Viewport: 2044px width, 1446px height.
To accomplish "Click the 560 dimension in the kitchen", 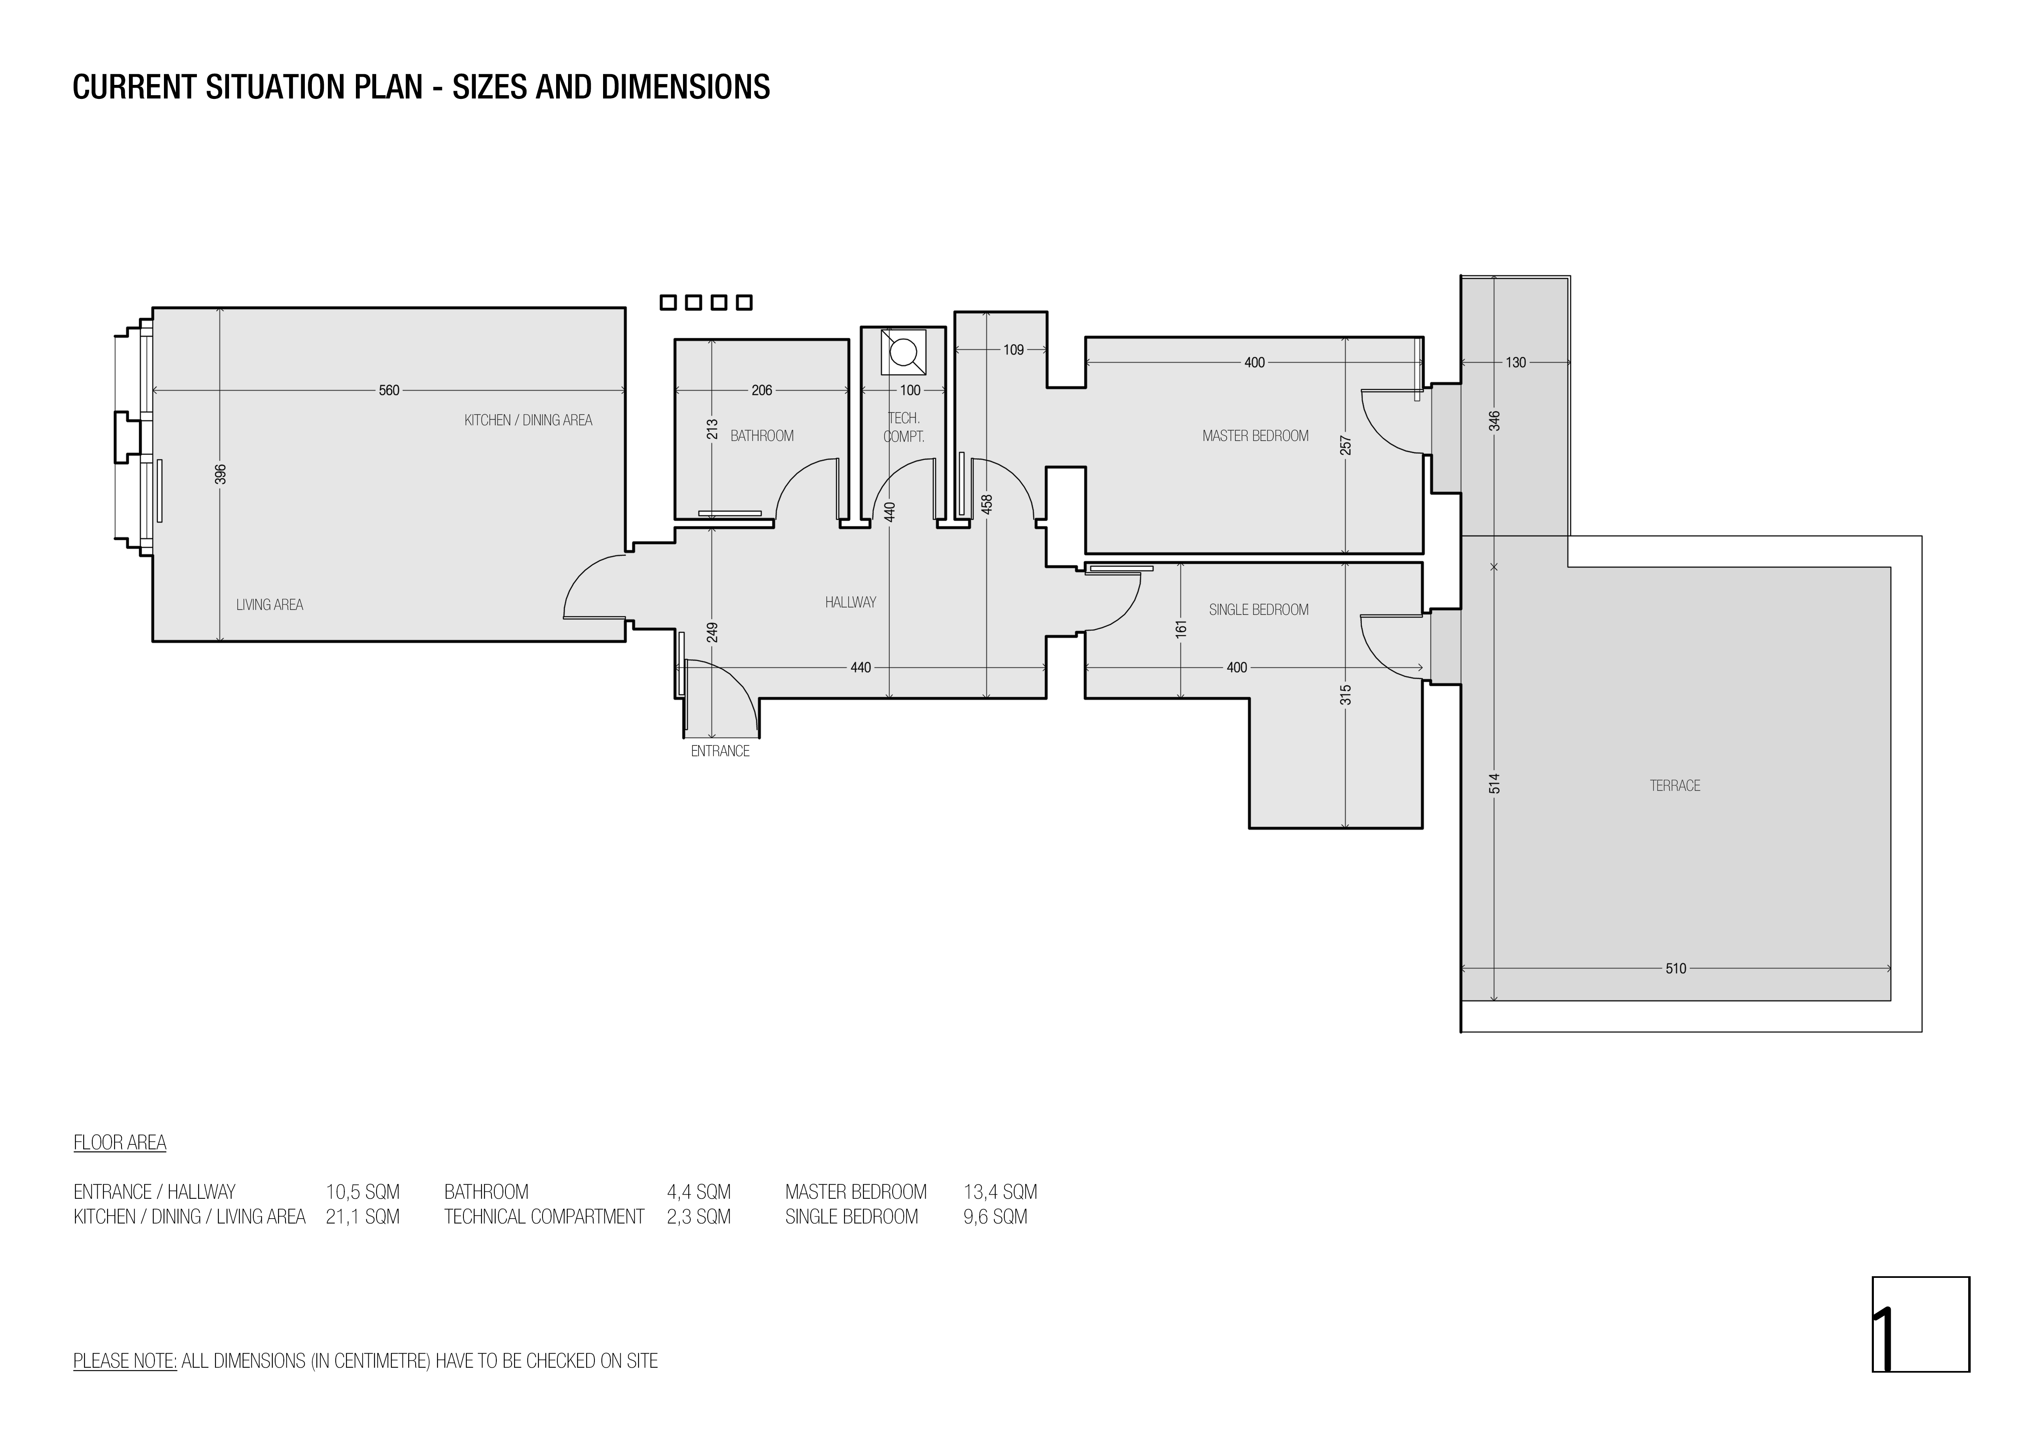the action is point(389,390).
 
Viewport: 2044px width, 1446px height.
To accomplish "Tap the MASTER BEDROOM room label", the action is point(1255,436).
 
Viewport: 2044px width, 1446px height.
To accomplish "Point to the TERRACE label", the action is point(1674,785).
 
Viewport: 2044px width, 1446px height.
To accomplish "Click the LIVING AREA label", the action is point(270,605).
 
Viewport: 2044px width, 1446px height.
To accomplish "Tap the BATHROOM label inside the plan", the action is point(762,436).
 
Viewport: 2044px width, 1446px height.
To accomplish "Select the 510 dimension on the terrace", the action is point(1675,969).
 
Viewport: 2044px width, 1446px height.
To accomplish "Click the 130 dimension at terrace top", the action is point(1515,362).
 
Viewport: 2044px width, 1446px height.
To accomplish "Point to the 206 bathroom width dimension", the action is point(762,390).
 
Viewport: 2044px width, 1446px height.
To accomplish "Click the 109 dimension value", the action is point(1013,350).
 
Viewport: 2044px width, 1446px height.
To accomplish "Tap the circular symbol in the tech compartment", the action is point(904,352).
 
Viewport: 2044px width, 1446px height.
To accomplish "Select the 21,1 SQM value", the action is point(362,1216).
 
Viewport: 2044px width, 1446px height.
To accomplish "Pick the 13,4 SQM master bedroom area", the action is point(1000,1191).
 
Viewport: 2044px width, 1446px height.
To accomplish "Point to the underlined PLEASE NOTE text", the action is point(125,1361).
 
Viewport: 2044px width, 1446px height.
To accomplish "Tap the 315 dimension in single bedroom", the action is point(1345,694).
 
